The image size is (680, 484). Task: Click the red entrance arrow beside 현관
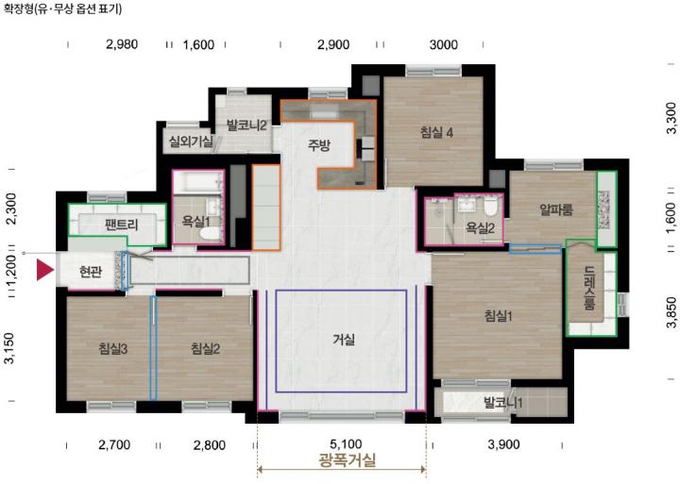[44, 270]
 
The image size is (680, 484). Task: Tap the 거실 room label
[344, 340]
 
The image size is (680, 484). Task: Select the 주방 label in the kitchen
[319, 145]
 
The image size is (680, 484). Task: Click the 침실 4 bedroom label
[436, 132]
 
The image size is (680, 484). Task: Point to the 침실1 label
[499, 316]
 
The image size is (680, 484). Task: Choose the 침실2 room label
[206, 348]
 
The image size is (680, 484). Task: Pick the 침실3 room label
[113, 348]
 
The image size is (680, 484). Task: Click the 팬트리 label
[122, 225]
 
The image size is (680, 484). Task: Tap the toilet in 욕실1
[210, 233]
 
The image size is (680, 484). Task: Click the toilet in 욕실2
[490, 208]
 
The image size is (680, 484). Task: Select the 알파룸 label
[556, 210]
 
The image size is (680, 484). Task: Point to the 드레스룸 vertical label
[588, 287]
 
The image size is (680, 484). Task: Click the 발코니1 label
[503, 403]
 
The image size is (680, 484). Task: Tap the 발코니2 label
[246, 125]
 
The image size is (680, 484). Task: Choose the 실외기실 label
[191, 141]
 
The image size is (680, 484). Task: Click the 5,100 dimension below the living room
[346, 444]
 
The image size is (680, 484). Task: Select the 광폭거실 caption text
[347, 460]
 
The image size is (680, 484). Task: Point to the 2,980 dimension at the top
[122, 44]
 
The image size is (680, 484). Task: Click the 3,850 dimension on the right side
[671, 312]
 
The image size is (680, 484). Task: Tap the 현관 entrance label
[91, 272]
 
